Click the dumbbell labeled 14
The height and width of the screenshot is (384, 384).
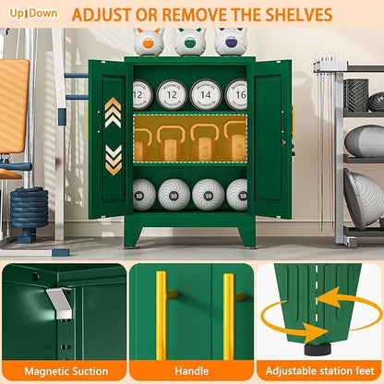206,95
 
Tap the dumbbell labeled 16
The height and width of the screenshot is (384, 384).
236,95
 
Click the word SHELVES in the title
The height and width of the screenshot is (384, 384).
299,15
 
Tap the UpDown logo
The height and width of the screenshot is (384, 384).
33,13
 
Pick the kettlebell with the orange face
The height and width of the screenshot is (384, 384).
149,42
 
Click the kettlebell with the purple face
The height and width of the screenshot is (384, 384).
231,42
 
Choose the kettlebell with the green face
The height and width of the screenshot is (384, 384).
190,42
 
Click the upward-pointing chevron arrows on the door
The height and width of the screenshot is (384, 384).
113,113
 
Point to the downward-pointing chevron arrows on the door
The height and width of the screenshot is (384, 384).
114,160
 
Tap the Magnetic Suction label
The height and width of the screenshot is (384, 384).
66,371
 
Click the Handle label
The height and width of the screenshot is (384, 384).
192,371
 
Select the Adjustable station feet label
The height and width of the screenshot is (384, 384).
320,371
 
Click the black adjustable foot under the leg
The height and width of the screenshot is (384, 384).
318,349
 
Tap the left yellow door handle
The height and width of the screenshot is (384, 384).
162,316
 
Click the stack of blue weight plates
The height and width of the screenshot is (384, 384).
30,208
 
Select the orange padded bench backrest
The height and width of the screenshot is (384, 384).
14,106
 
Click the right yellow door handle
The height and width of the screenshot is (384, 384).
228,317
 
